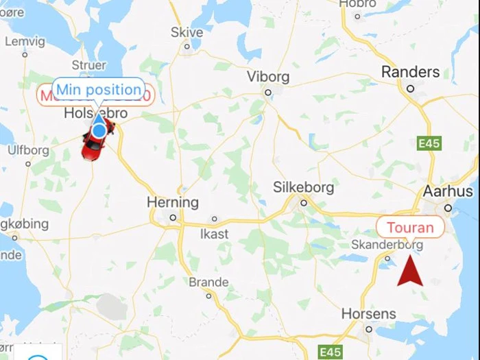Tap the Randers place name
tap(410, 71)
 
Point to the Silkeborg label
tap(303, 187)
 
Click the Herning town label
tap(172, 202)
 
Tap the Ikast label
tap(215, 234)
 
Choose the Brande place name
tap(208, 283)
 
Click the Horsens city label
tap(369, 314)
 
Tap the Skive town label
tap(187, 32)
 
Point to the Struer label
tap(89, 66)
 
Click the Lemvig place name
tap(25, 41)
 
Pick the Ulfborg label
tap(28, 150)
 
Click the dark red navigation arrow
tap(410, 269)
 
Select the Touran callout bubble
tap(410, 228)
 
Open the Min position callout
tap(99, 89)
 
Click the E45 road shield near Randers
tap(429, 143)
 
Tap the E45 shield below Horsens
tap(331, 352)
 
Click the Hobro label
tap(357, 3)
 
